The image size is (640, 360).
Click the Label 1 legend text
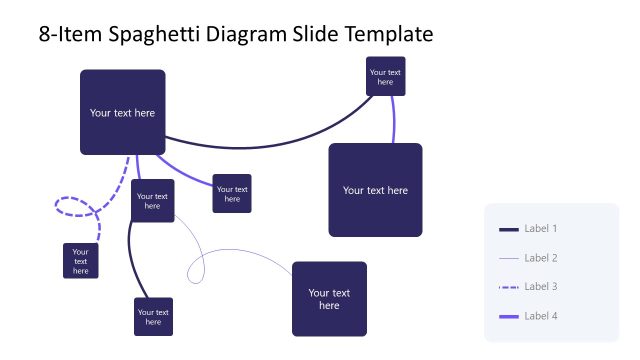(x=540, y=229)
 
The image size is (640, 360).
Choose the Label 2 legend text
(x=540, y=258)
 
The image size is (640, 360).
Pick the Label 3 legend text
(x=540, y=287)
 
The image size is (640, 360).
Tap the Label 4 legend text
(x=540, y=316)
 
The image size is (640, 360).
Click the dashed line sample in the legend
(x=508, y=288)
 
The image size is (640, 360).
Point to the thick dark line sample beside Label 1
(x=508, y=230)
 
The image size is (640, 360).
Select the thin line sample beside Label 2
(x=508, y=259)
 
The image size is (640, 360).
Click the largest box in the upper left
(x=122, y=112)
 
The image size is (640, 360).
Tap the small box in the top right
(x=385, y=76)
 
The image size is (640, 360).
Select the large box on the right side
(x=375, y=190)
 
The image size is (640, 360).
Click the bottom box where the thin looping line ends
(x=329, y=299)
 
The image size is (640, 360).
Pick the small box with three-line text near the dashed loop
(x=80, y=261)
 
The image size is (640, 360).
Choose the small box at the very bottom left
(x=153, y=316)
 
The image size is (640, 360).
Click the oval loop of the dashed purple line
(x=74, y=206)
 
